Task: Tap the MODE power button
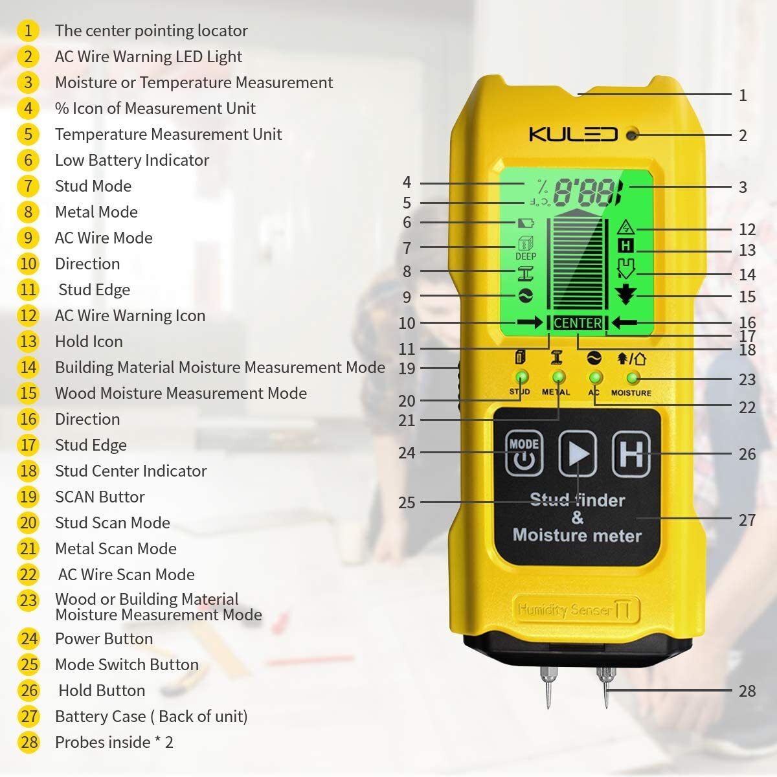pos(524,453)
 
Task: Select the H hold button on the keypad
pos(631,454)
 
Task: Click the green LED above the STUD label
pos(520,377)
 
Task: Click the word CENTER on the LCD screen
pos(578,322)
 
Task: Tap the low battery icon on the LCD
pos(526,223)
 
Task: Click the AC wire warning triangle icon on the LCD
pos(625,228)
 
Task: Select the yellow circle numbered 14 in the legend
pos(28,367)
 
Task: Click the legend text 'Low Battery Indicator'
pos(132,160)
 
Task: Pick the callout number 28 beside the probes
pos(747,691)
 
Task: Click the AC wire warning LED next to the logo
pos(632,135)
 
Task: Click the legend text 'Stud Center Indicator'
pos(131,471)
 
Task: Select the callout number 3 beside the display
pos(743,187)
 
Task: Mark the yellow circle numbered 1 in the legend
pos(28,30)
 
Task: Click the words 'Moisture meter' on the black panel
pos(577,535)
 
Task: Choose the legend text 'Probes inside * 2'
pos(114,742)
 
